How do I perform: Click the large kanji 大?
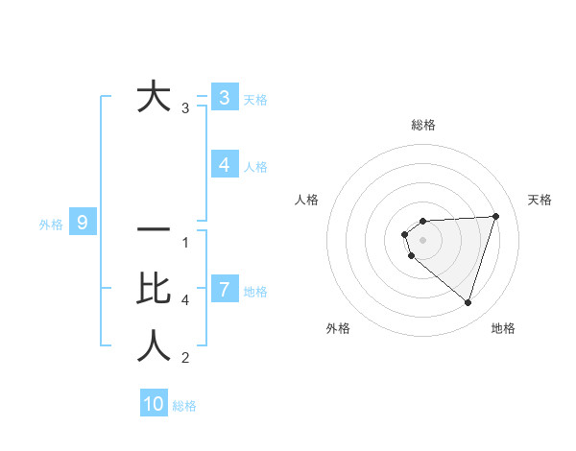[154, 97]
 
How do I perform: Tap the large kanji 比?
[154, 288]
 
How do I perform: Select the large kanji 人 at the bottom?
[154, 346]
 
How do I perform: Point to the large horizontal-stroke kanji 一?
[154, 230]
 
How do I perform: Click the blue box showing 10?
[154, 404]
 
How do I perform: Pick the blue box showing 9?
[83, 224]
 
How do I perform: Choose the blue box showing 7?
[224, 289]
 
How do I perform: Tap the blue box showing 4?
[224, 165]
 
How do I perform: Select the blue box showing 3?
[224, 97]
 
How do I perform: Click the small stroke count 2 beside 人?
[185, 359]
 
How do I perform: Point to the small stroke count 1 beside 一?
[185, 243]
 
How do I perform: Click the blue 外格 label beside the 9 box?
[51, 225]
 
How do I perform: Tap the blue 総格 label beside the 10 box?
[184, 406]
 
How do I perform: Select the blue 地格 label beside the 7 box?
[255, 292]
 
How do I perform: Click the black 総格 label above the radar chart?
[422, 125]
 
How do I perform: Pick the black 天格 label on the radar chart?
[540, 200]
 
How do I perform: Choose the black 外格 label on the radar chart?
[338, 328]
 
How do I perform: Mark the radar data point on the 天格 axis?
[495, 216]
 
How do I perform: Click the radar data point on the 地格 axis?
[468, 302]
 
